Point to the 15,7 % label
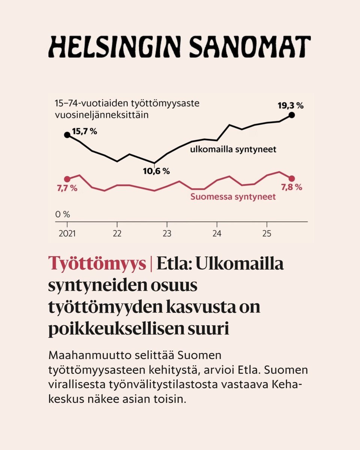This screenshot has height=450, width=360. click(x=84, y=132)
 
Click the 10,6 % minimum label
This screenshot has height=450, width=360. click(x=156, y=171)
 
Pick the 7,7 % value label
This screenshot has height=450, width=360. click(x=67, y=188)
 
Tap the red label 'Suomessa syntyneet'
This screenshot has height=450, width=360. click(x=233, y=196)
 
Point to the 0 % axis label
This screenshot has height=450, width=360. click(x=63, y=214)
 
